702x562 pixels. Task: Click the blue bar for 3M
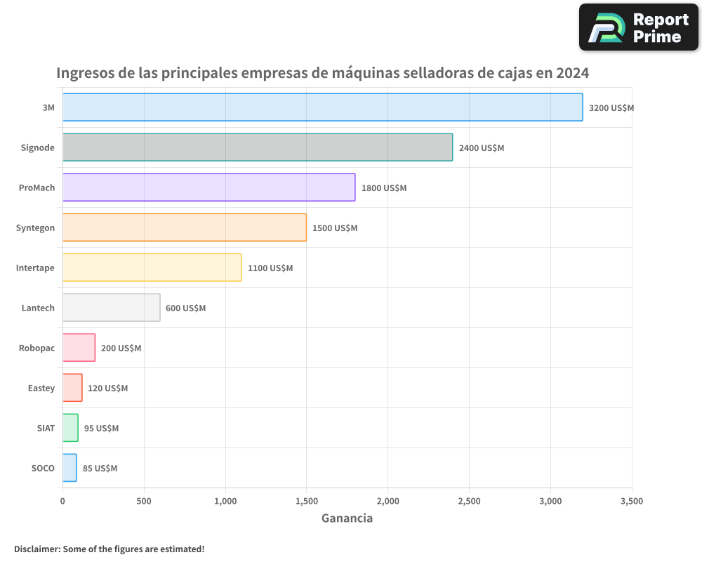322,107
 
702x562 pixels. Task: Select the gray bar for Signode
257,148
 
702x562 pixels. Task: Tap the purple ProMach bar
208,188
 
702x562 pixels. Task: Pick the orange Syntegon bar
184,228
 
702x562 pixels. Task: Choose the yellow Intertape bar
152,268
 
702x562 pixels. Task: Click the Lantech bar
111,308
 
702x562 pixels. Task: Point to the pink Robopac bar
79,348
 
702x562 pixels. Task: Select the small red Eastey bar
72,388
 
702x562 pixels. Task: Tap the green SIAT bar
70,428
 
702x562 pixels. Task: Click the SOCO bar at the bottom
69,468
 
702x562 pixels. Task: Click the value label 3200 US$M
611,108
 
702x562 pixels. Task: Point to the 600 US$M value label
186,308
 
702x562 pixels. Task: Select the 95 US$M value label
101,429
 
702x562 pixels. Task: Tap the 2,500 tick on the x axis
469,501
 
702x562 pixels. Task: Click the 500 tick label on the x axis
144,501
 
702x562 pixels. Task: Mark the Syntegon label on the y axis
35,228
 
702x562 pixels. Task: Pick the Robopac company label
37,348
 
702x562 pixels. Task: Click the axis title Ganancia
347,518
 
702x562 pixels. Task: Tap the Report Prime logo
638,27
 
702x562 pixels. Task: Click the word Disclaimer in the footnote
36,549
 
